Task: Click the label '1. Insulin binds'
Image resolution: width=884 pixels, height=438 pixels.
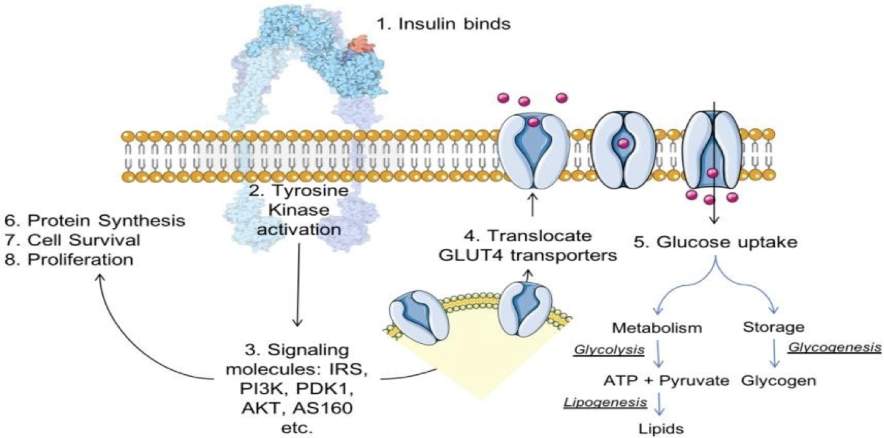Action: point(443,25)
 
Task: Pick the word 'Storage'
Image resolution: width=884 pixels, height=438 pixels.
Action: point(774,328)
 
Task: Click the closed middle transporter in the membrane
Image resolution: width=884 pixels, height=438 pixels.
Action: point(622,150)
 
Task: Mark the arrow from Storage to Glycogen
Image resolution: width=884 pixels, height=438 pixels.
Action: point(774,354)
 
